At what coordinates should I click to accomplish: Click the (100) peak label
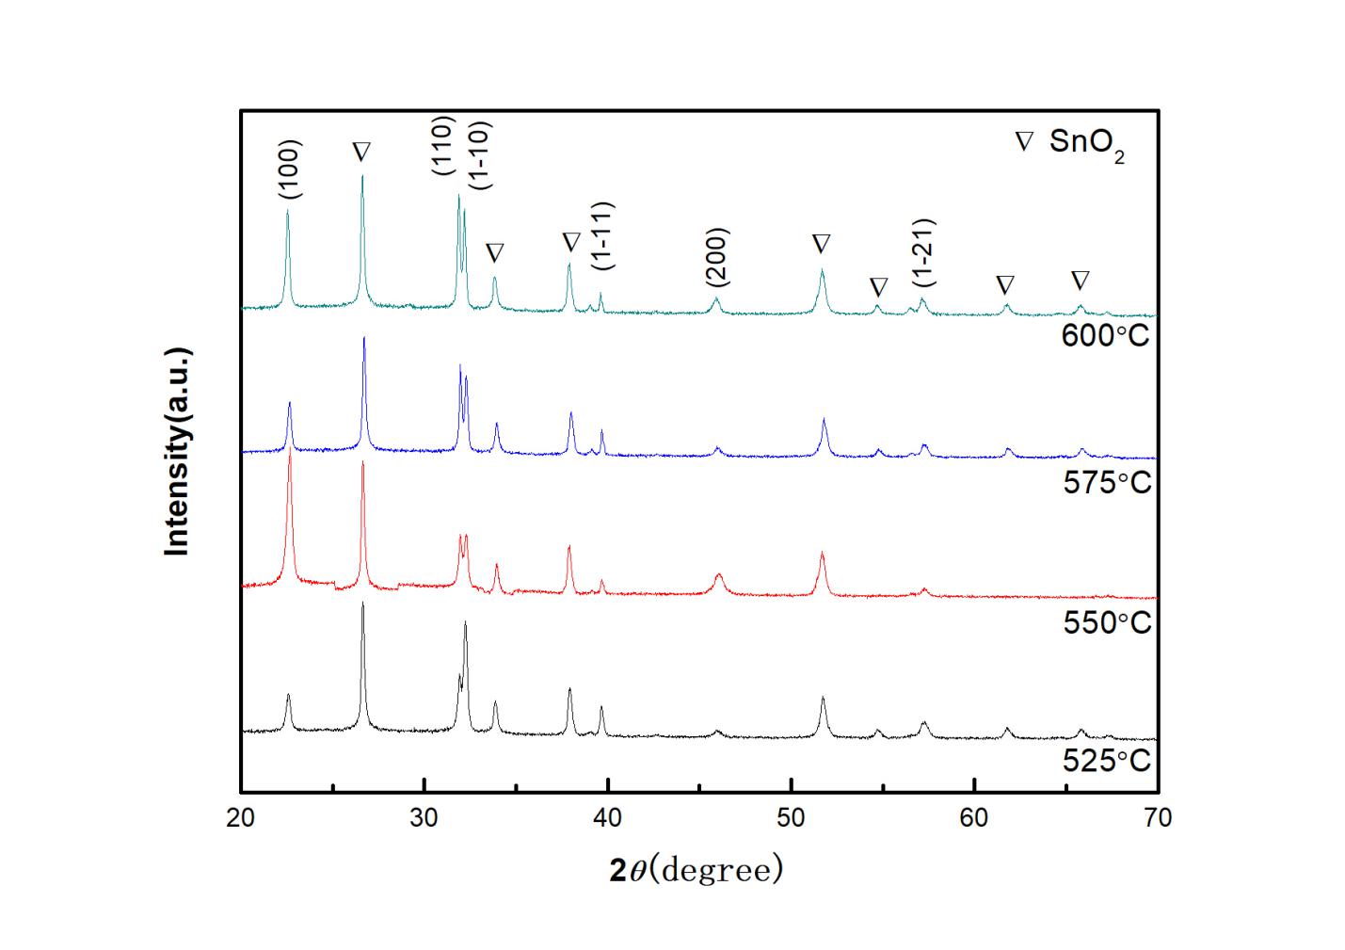click(x=290, y=169)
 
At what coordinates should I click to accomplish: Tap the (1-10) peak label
click(x=478, y=155)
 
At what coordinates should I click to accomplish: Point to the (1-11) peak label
click(x=603, y=236)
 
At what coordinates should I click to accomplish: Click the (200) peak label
click(x=717, y=257)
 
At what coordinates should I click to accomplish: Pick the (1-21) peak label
click(x=923, y=252)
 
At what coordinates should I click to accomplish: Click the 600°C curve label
click(x=1105, y=335)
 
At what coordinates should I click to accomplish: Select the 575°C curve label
click(x=1107, y=482)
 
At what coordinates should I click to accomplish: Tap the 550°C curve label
click(x=1107, y=622)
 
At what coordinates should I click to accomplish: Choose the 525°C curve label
click(x=1107, y=760)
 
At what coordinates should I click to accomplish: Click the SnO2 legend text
click(x=1087, y=146)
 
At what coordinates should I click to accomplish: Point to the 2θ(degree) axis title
click(x=696, y=870)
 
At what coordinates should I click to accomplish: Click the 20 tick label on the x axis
click(x=241, y=818)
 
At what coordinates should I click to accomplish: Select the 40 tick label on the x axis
click(x=608, y=818)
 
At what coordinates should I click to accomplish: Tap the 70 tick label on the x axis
click(x=1158, y=818)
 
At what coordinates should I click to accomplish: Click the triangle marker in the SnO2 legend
click(x=1023, y=143)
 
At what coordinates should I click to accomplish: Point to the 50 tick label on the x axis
click(x=792, y=818)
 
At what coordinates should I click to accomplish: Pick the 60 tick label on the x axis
click(x=974, y=818)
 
